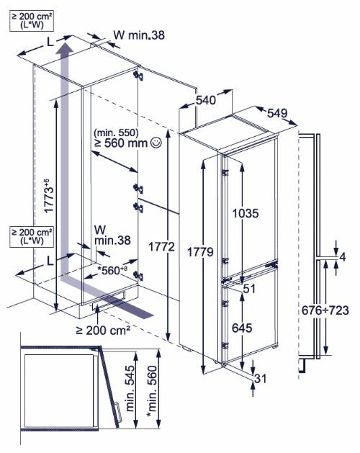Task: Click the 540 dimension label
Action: coord(206,100)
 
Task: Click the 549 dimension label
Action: coord(277,113)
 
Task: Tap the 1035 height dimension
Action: coord(246,213)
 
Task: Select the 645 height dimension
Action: coord(242,328)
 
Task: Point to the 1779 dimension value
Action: coord(200,252)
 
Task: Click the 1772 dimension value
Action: coord(162,247)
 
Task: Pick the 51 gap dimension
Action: coord(249,288)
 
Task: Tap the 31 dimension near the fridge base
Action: coord(261,378)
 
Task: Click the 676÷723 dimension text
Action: coord(325,310)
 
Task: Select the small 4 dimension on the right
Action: coord(343,257)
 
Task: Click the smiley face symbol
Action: coord(156,143)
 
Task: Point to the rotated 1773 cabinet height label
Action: coord(49,196)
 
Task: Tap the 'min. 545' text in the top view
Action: coord(130,388)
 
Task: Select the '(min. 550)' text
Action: coord(116,133)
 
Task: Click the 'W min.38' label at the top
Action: coord(139,35)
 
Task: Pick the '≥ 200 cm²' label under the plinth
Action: coord(103,330)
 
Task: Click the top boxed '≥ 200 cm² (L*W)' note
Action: coord(32,21)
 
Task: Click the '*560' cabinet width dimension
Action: coord(112,270)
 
